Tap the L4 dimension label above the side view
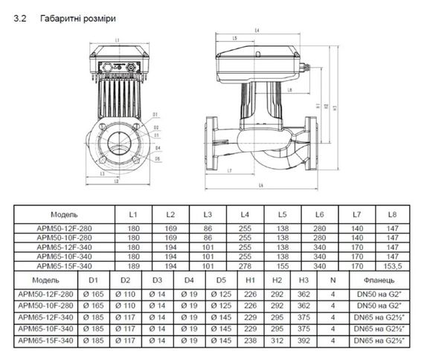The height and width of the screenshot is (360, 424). [257, 29]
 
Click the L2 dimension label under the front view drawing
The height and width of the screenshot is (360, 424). [115, 181]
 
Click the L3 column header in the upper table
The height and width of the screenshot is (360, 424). [208, 213]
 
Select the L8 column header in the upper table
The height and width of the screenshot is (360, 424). [391, 213]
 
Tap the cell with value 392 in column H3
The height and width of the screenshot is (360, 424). [303, 341]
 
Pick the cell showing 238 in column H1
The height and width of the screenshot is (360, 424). [250, 341]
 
